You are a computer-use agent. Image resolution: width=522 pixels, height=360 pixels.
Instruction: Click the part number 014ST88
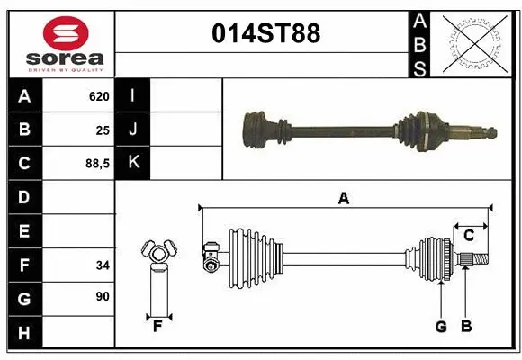click(265, 34)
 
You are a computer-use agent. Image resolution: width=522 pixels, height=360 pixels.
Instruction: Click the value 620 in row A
click(99, 95)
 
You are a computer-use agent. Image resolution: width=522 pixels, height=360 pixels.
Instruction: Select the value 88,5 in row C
click(95, 164)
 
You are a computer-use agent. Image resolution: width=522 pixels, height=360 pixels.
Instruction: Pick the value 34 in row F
click(101, 265)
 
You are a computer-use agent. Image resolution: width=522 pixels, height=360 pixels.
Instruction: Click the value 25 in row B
click(102, 130)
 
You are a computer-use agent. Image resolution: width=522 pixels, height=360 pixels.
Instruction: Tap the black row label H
click(23, 333)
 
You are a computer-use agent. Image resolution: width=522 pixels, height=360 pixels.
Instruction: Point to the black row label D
click(23, 197)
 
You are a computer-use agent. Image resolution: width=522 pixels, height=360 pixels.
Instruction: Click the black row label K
click(133, 163)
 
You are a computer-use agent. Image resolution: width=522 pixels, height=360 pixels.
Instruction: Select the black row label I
click(133, 95)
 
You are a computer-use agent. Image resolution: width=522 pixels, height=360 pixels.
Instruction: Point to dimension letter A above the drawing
click(343, 198)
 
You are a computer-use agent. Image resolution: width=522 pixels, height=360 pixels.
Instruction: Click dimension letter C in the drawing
click(469, 235)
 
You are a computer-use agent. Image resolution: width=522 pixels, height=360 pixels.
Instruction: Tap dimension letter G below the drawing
click(441, 326)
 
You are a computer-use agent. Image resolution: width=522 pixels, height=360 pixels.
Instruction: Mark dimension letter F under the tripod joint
click(157, 326)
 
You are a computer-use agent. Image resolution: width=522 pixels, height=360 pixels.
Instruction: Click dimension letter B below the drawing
click(465, 326)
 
